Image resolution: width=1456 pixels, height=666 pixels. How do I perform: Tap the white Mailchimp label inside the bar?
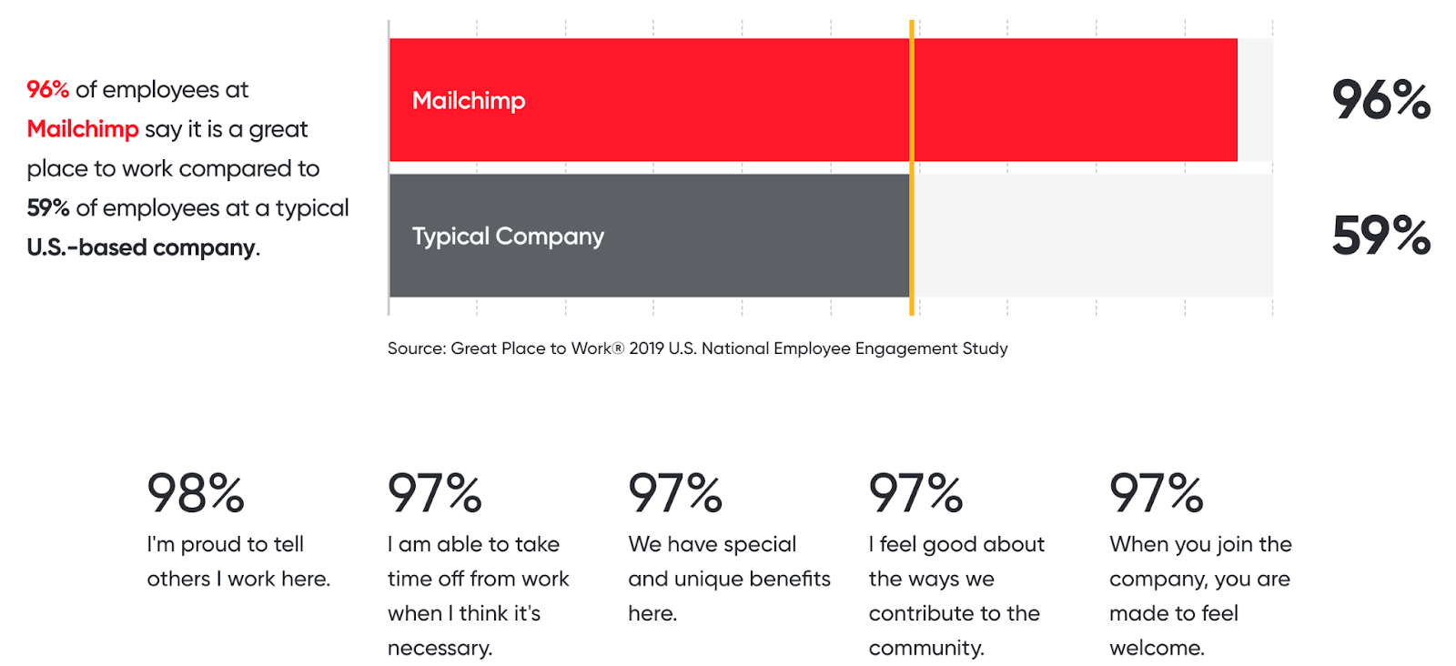tap(469, 100)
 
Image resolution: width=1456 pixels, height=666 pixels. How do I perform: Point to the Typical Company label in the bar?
tap(508, 237)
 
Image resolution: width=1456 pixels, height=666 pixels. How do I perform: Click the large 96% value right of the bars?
tap(1380, 99)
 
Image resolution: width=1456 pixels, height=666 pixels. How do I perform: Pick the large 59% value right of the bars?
tap(1380, 235)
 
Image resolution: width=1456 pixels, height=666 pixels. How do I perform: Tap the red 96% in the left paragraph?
tap(48, 89)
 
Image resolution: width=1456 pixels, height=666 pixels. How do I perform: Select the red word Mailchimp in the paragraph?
tap(83, 129)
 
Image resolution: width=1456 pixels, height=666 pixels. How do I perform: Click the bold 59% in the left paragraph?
tap(48, 208)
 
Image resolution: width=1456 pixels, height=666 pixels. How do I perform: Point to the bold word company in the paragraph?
tap(204, 247)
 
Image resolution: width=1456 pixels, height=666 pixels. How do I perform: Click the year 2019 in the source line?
tap(646, 348)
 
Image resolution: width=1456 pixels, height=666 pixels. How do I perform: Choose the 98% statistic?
tap(196, 493)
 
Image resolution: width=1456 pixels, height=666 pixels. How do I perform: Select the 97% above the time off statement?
tap(435, 493)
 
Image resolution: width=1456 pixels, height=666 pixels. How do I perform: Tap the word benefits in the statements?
tap(780, 579)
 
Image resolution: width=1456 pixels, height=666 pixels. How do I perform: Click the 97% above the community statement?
tap(915, 493)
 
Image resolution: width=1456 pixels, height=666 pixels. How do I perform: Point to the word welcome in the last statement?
tap(1156, 648)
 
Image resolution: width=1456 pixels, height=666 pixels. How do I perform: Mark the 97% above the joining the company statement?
tap(1156, 493)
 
